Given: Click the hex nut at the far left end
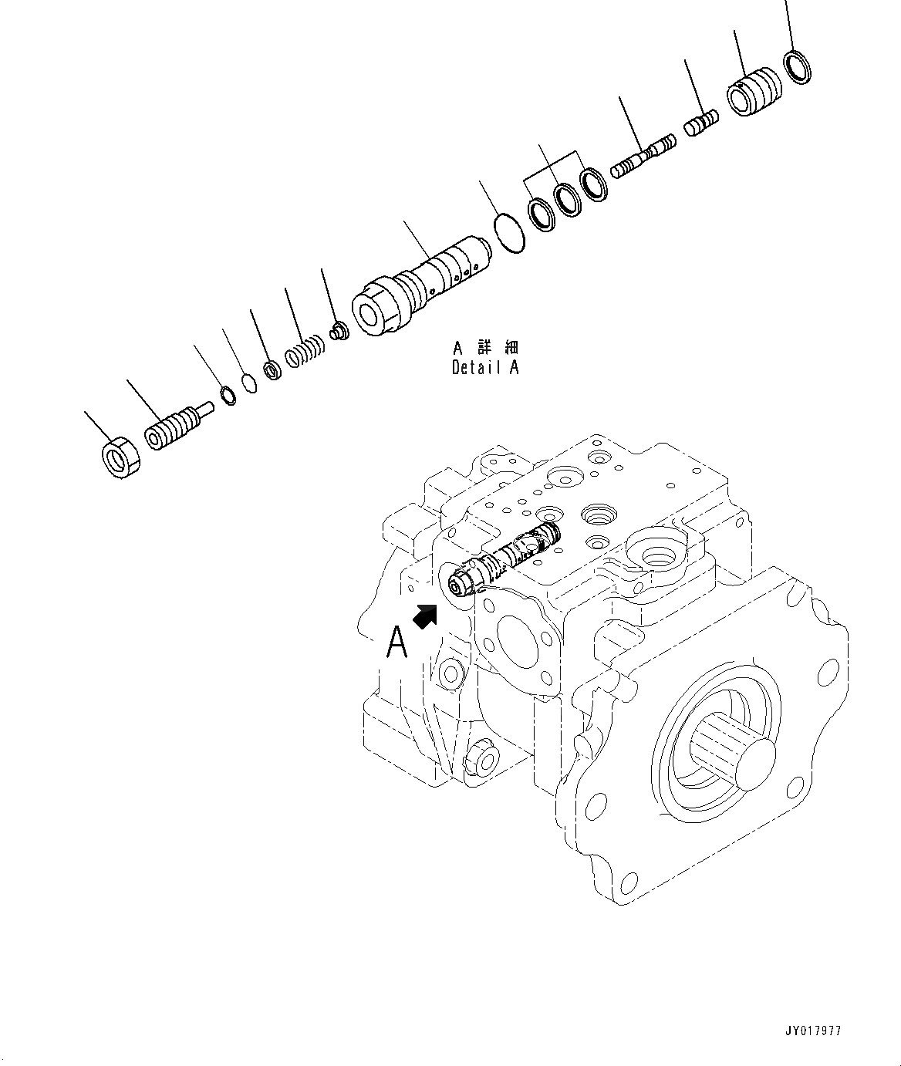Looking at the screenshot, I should [x=120, y=457].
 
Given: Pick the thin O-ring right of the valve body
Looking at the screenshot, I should [x=509, y=232].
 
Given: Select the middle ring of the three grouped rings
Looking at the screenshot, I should [x=569, y=199].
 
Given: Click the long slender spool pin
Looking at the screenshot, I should [x=643, y=157].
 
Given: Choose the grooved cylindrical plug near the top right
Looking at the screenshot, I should [x=754, y=92].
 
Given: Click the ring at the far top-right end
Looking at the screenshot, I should [x=797, y=66].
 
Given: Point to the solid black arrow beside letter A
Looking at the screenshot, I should [x=425, y=616].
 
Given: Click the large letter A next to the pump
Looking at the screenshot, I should [x=397, y=642].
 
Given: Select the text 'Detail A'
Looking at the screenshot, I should [x=485, y=368].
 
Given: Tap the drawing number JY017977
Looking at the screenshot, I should [x=814, y=1031].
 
